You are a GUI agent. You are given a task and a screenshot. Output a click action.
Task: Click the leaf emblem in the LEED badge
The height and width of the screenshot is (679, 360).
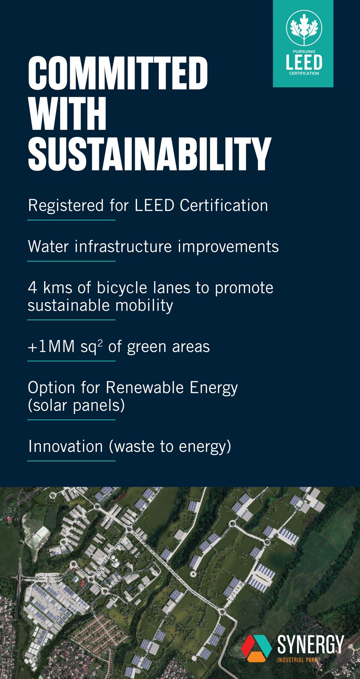point(304,28)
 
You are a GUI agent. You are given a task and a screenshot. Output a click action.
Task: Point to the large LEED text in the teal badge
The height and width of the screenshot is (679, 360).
point(304,62)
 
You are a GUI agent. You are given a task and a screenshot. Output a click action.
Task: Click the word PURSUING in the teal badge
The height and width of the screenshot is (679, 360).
point(304,51)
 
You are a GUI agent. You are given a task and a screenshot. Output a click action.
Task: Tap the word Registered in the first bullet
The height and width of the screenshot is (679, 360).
point(66,206)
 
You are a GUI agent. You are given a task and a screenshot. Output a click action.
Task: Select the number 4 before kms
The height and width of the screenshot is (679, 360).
point(32,288)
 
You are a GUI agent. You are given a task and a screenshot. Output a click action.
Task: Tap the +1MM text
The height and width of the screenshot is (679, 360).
point(51,347)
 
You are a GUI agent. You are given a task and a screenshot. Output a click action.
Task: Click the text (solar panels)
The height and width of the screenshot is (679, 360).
point(76,406)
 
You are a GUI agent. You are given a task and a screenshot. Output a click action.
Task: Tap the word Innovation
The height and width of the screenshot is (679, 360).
point(65,446)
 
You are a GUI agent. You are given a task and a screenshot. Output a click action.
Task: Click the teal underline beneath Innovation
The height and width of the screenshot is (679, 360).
point(72,461)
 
